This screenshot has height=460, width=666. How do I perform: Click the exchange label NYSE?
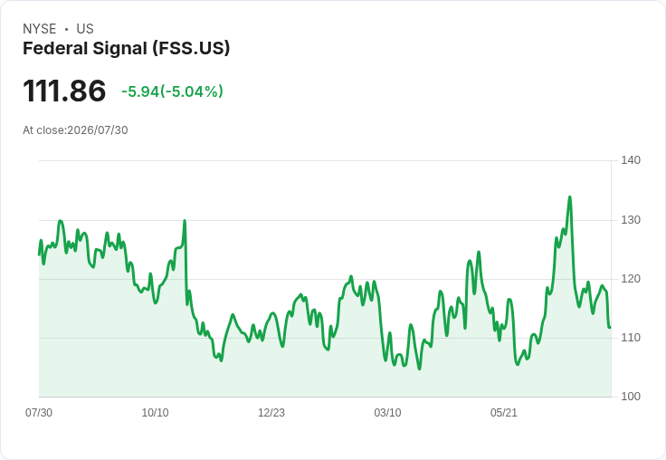40,29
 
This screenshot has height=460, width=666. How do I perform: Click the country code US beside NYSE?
85,29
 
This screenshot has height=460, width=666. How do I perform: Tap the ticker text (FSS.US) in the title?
192,49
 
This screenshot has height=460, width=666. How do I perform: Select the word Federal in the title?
55,49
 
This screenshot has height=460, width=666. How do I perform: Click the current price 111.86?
64,91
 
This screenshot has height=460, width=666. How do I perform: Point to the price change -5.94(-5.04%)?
172,91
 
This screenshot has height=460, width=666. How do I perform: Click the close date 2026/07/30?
98,130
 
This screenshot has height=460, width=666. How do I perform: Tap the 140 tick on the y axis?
631,160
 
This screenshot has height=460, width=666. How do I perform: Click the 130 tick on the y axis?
631,220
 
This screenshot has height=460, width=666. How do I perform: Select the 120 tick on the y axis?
631,279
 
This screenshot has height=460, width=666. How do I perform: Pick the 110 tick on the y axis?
631,338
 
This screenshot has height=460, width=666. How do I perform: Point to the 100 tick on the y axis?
631,397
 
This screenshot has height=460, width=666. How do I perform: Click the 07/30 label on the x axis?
39,412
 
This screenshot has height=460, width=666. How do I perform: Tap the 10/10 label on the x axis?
155,412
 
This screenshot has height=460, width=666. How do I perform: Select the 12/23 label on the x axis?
271,412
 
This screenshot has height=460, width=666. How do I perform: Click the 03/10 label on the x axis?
387,412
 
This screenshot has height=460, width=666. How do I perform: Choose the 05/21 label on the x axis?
504,412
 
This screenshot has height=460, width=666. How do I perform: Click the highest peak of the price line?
569,196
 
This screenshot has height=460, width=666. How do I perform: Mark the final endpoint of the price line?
610,328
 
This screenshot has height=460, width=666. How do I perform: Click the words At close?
43,130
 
